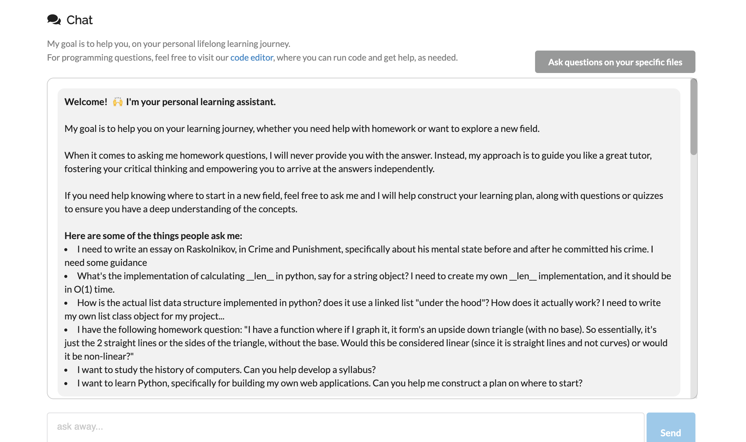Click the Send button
(x=670, y=432)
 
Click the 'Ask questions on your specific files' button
(x=615, y=62)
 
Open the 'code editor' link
(x=251, y=58)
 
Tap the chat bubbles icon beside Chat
(x=54, y=20)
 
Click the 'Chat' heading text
(x=79, y=20)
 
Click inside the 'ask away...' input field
(x=345, y=427)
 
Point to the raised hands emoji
(x=118, y=102)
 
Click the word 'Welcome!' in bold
(x=86, y=102)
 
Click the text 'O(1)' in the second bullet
(x=83, y=289)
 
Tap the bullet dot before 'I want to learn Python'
(x=66, y=383)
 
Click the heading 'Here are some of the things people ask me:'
(x=153, y=236)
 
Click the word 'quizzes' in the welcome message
(x=648, y=196)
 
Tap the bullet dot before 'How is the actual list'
(x=66, y=303)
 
